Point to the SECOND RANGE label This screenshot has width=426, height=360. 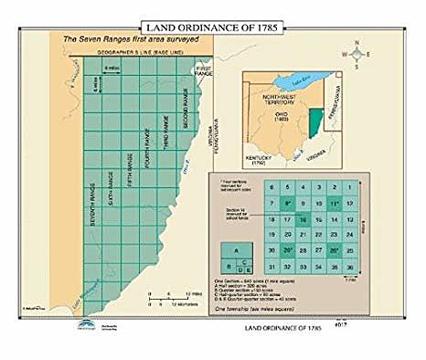pyautogui.click(x=186, y=108)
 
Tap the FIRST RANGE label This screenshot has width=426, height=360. pyautogui.click(x=203, y=71)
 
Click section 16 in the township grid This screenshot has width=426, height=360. pyautogui.click(x=302, y=219)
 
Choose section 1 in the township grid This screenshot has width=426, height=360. pyautogui.click(x=361, y=187)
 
